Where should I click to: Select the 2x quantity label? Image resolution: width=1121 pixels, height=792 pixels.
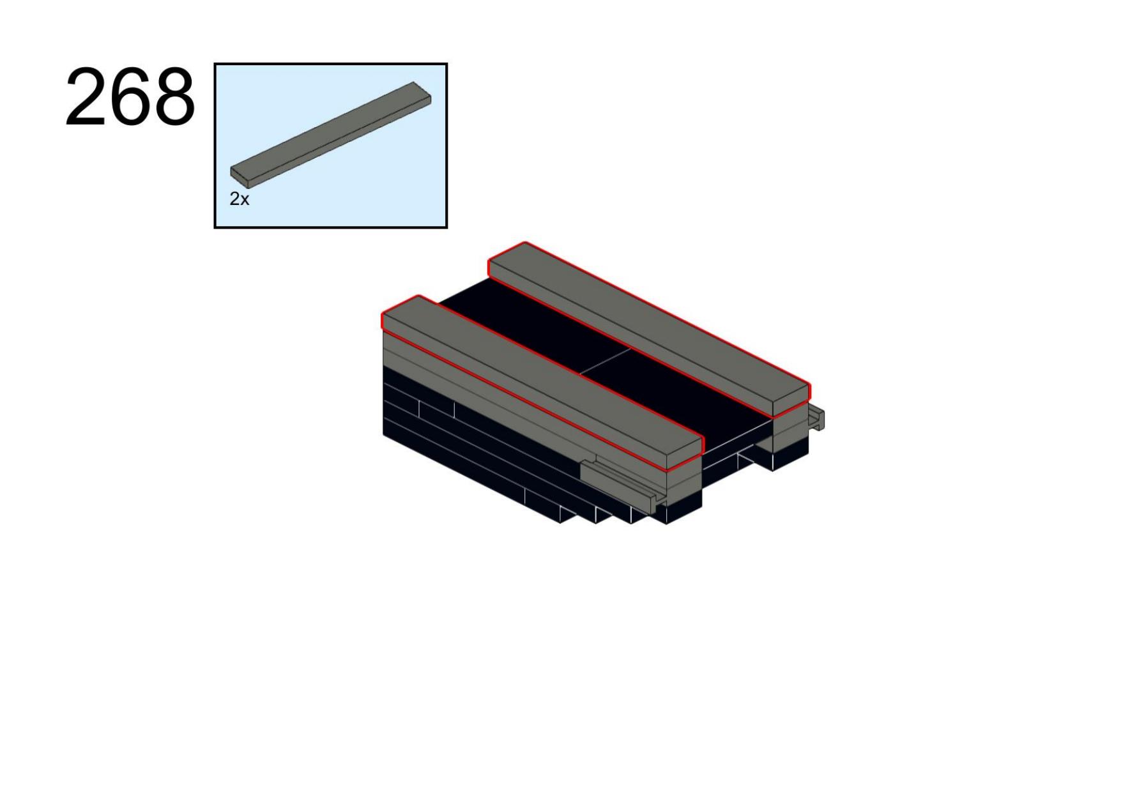239,199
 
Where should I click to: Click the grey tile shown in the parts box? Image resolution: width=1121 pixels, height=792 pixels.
331,135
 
